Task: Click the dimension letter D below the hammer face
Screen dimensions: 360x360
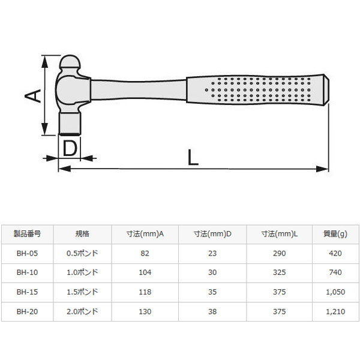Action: point(70,148)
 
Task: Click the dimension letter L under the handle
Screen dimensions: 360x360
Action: point(193,157)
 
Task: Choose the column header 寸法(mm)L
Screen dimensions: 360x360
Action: point(280,235)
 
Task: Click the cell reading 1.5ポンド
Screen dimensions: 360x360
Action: point(82,292)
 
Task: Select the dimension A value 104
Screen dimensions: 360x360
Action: point(145,273)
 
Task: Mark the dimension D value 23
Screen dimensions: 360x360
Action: point(212,253)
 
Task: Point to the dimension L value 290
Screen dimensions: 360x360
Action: point(280,253)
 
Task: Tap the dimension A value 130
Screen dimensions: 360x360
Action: point(145,312)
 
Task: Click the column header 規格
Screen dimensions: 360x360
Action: point(82,235)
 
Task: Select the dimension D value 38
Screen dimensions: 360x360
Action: point(212,312)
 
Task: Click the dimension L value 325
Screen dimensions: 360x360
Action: point(280,273)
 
